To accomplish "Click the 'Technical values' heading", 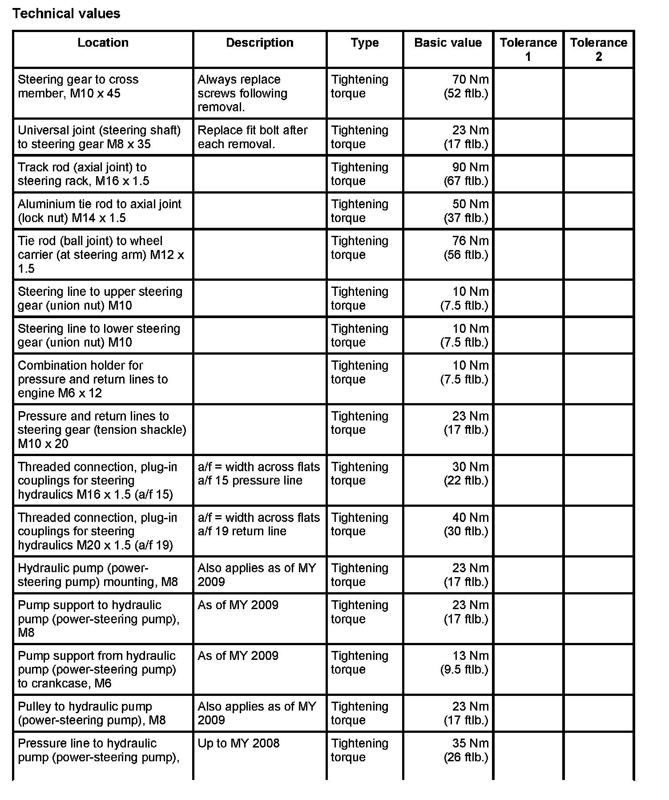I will (66, 14).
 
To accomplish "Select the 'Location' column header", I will (103, 43).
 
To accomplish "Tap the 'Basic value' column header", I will (447, 43).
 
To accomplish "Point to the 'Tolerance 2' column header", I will (598, 49).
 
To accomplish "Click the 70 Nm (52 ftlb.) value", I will (466, 86).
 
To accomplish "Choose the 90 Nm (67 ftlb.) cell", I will (466, 174).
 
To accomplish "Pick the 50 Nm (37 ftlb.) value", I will (466, 211).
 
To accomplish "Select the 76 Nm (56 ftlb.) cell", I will (466, 248).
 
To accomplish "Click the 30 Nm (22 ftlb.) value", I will (466, 473).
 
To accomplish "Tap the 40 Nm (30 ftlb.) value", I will (466, 524).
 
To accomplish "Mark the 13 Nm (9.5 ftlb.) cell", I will (464, 663).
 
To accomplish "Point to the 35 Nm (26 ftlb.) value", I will (466, 750).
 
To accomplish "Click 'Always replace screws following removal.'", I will (242, 93).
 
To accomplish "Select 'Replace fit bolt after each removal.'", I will (252, 137).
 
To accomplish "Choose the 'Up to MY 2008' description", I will (238, 743).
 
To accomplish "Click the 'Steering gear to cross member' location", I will (78, 86).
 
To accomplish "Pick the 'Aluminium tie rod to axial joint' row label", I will (99, 211).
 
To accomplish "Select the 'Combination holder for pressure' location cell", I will (93, 379).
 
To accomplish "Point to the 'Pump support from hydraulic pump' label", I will (97, 669).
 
